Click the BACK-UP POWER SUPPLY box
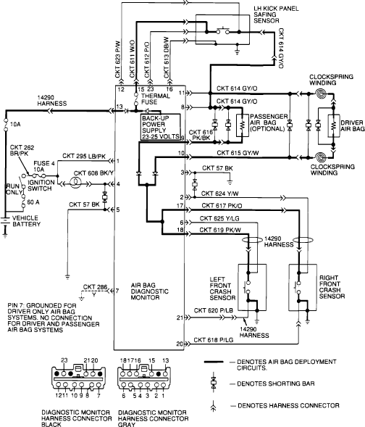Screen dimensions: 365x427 [161, 127]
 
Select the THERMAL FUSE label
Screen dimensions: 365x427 [156, 99]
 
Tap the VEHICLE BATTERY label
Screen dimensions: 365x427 [26, 221]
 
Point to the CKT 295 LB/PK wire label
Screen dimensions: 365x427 [84, 156]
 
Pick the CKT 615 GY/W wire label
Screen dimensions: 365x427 [238, 153]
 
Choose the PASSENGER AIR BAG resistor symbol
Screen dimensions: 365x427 [243, 125]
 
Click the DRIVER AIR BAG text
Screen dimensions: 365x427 [353, 125]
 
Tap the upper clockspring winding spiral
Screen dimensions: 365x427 [322, 94]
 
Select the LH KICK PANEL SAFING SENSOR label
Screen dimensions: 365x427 [276, 14]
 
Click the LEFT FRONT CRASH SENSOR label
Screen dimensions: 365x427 [222, 289]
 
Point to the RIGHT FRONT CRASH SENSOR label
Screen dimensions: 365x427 [332, 287]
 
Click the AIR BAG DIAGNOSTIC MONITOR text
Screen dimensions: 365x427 [150, 291]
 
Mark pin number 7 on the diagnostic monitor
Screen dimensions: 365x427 [117, 291]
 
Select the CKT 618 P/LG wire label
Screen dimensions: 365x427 [213, 340]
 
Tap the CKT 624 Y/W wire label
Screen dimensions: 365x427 [219, 194]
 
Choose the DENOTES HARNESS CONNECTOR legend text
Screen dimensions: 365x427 [288, 405]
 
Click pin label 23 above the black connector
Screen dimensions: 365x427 [64, 360]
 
